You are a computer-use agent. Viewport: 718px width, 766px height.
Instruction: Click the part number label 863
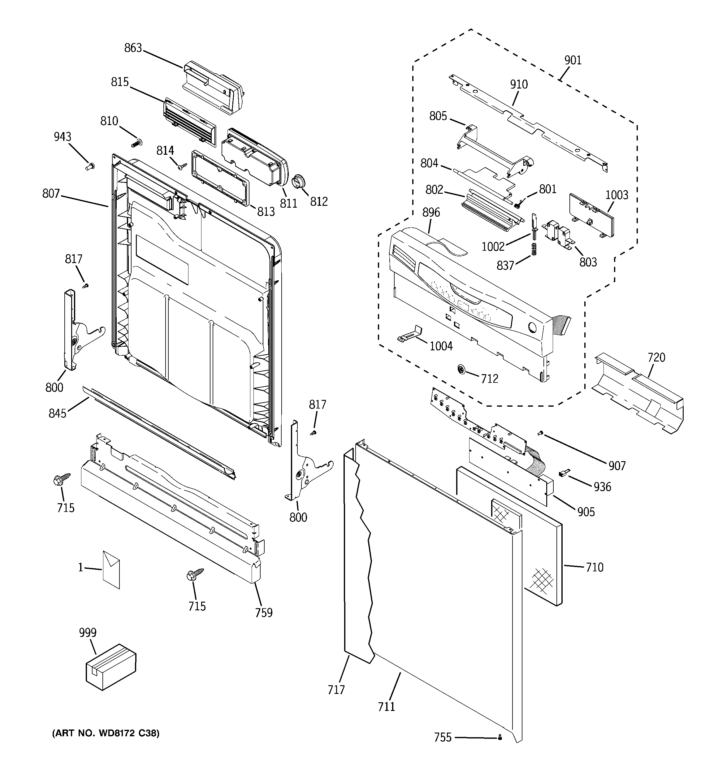tap(133, 48)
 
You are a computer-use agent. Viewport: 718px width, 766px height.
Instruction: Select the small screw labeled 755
tap(500, 737)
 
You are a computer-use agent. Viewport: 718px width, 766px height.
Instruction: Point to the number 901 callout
tap(573, 60)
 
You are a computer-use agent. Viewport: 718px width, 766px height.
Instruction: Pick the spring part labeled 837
tap(534, 249)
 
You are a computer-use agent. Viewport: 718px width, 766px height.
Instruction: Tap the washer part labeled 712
tap(461, 370)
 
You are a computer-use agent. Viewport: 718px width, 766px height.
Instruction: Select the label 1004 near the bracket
tap(441, 346)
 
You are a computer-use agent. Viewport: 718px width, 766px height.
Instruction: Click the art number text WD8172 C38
tap(106, 733)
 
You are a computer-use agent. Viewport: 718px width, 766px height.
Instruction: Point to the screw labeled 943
tap(90, 167)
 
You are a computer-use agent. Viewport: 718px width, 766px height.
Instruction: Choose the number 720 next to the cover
tap(656, 357)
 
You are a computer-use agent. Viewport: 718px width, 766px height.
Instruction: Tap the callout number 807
tap(51, 193)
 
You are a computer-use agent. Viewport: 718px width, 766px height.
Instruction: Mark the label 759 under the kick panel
tap(264, 612)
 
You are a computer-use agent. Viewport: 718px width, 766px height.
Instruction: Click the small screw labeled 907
tap(540, 434)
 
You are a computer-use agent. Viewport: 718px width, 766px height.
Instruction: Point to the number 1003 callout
tap(616, 195)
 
